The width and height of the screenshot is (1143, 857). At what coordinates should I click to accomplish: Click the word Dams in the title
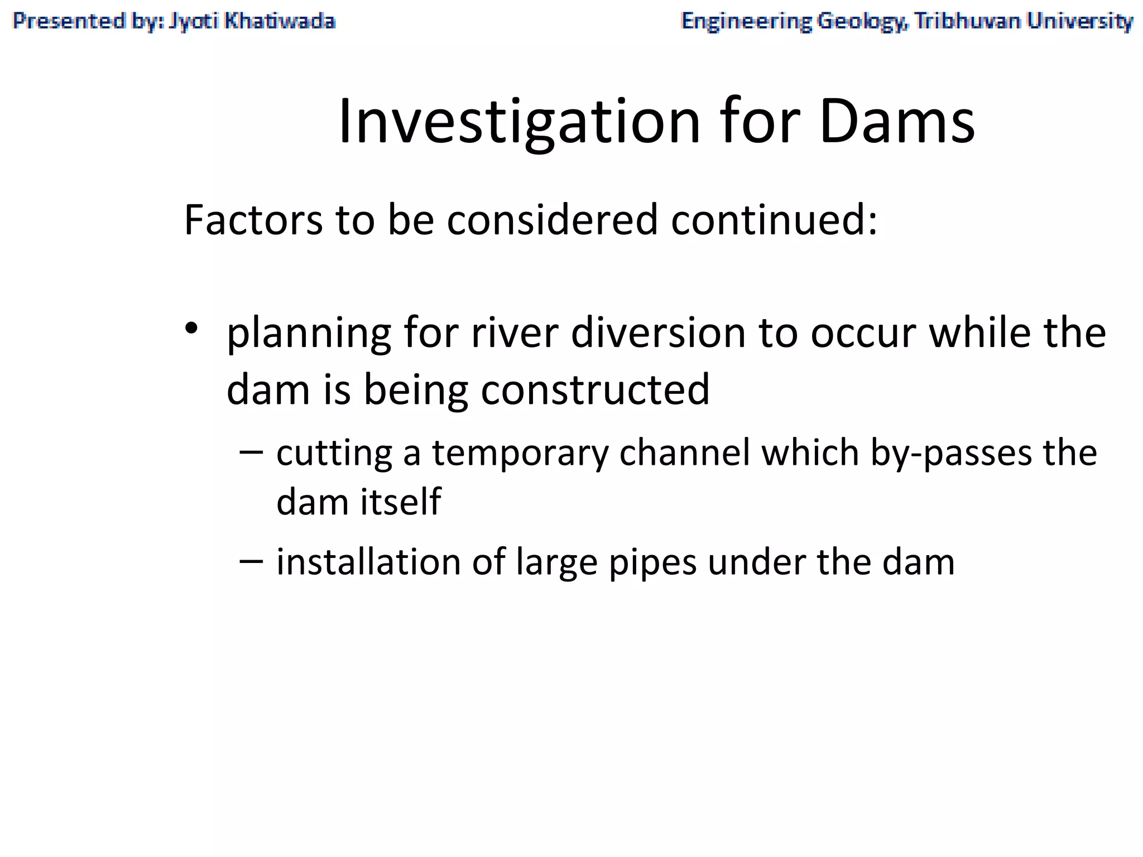point(897,122)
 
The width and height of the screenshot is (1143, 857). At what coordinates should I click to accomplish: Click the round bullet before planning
point(191,329)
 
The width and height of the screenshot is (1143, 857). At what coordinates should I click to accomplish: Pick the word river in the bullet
point(514,333)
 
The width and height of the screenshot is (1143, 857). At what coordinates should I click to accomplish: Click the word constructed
point(595,389)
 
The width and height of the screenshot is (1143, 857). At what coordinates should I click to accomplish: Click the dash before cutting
point(251,452)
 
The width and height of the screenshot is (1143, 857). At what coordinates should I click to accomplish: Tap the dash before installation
point(251,561)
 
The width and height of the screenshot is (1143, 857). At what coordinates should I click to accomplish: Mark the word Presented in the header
point(69,21)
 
